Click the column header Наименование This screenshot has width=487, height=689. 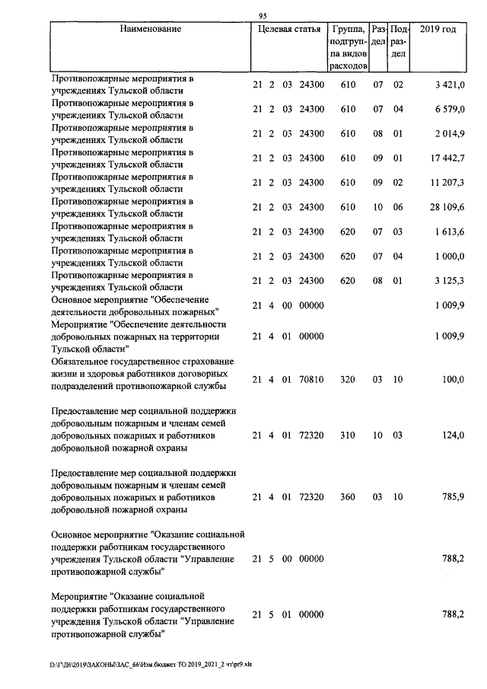[151, 30]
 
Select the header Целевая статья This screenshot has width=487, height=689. [288, 30]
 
